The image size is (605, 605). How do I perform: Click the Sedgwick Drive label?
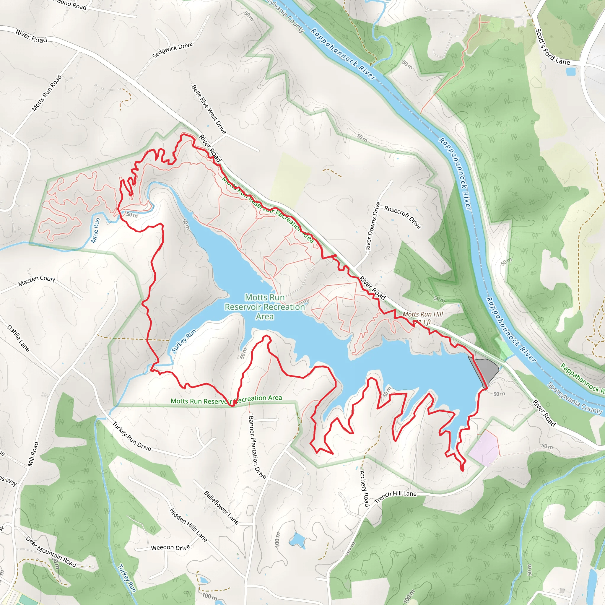172,50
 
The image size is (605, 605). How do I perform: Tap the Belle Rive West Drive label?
209,109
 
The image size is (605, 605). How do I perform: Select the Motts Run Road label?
47,93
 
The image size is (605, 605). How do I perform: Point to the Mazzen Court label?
37,281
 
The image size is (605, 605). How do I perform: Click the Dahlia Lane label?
18,338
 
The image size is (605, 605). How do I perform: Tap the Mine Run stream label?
95,230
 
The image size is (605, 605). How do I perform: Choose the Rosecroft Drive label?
402,217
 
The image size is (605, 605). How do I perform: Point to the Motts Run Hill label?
422,314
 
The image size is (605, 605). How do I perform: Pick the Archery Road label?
365,488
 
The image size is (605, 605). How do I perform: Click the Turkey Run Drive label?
131,436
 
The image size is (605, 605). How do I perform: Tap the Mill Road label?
33,454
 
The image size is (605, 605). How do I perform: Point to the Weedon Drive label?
170,547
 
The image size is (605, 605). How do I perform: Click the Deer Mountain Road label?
51,552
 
